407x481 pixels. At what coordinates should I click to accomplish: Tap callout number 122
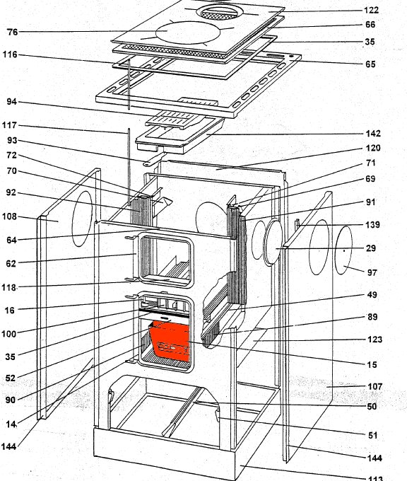[x=371, y=10]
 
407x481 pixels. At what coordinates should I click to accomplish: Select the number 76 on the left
[x=12, y=32]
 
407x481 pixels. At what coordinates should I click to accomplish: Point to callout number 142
[x=373, y=134]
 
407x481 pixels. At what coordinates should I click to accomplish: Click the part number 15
[x=372, y=364]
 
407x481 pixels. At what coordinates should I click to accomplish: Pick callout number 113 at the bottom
[x=375, y=478]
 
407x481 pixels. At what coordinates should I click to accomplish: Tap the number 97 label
[x=372, y=272]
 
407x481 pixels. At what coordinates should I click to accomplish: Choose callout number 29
[x=371, y=248]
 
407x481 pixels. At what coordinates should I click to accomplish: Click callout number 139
[x=372, y=224]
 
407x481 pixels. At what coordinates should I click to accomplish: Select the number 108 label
[x=9, y=216]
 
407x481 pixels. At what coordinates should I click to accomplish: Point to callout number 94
[x=11, y=101]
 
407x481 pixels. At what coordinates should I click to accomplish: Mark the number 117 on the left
[x=9, y=125]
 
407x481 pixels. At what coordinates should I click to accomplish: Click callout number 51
[x=372, y=435]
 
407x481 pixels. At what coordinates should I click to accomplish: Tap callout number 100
[x=9, y=333]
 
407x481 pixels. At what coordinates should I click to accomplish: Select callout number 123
[x=374, y=340]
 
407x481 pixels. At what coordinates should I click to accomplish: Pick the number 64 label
[x=11, y=240]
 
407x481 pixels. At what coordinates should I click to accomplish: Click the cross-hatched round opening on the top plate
[x=220, y=13]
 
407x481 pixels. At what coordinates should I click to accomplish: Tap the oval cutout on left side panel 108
[x=82, y=219]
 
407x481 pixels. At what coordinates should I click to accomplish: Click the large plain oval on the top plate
[x=188, y=33]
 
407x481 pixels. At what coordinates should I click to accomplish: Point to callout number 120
[x=373, y=148]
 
